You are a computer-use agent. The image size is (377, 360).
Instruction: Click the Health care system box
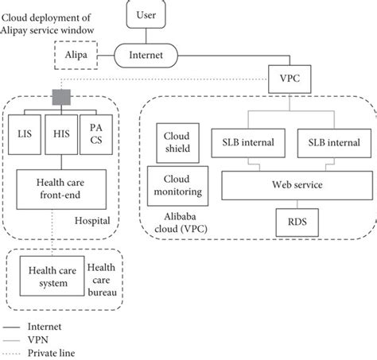tap(49, 275)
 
